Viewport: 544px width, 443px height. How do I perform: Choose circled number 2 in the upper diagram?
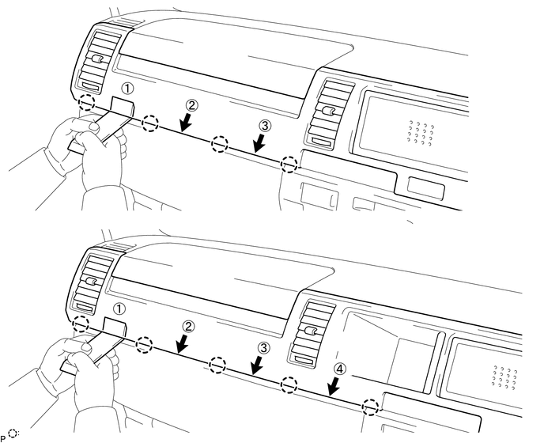point(191,104)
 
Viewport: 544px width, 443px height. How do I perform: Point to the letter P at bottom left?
point(5,437)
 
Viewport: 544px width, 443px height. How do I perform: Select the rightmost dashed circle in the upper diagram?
point(290,165)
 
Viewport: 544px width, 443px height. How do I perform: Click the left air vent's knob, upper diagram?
point(96,59)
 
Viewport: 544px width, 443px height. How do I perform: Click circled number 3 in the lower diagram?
point(264,347)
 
